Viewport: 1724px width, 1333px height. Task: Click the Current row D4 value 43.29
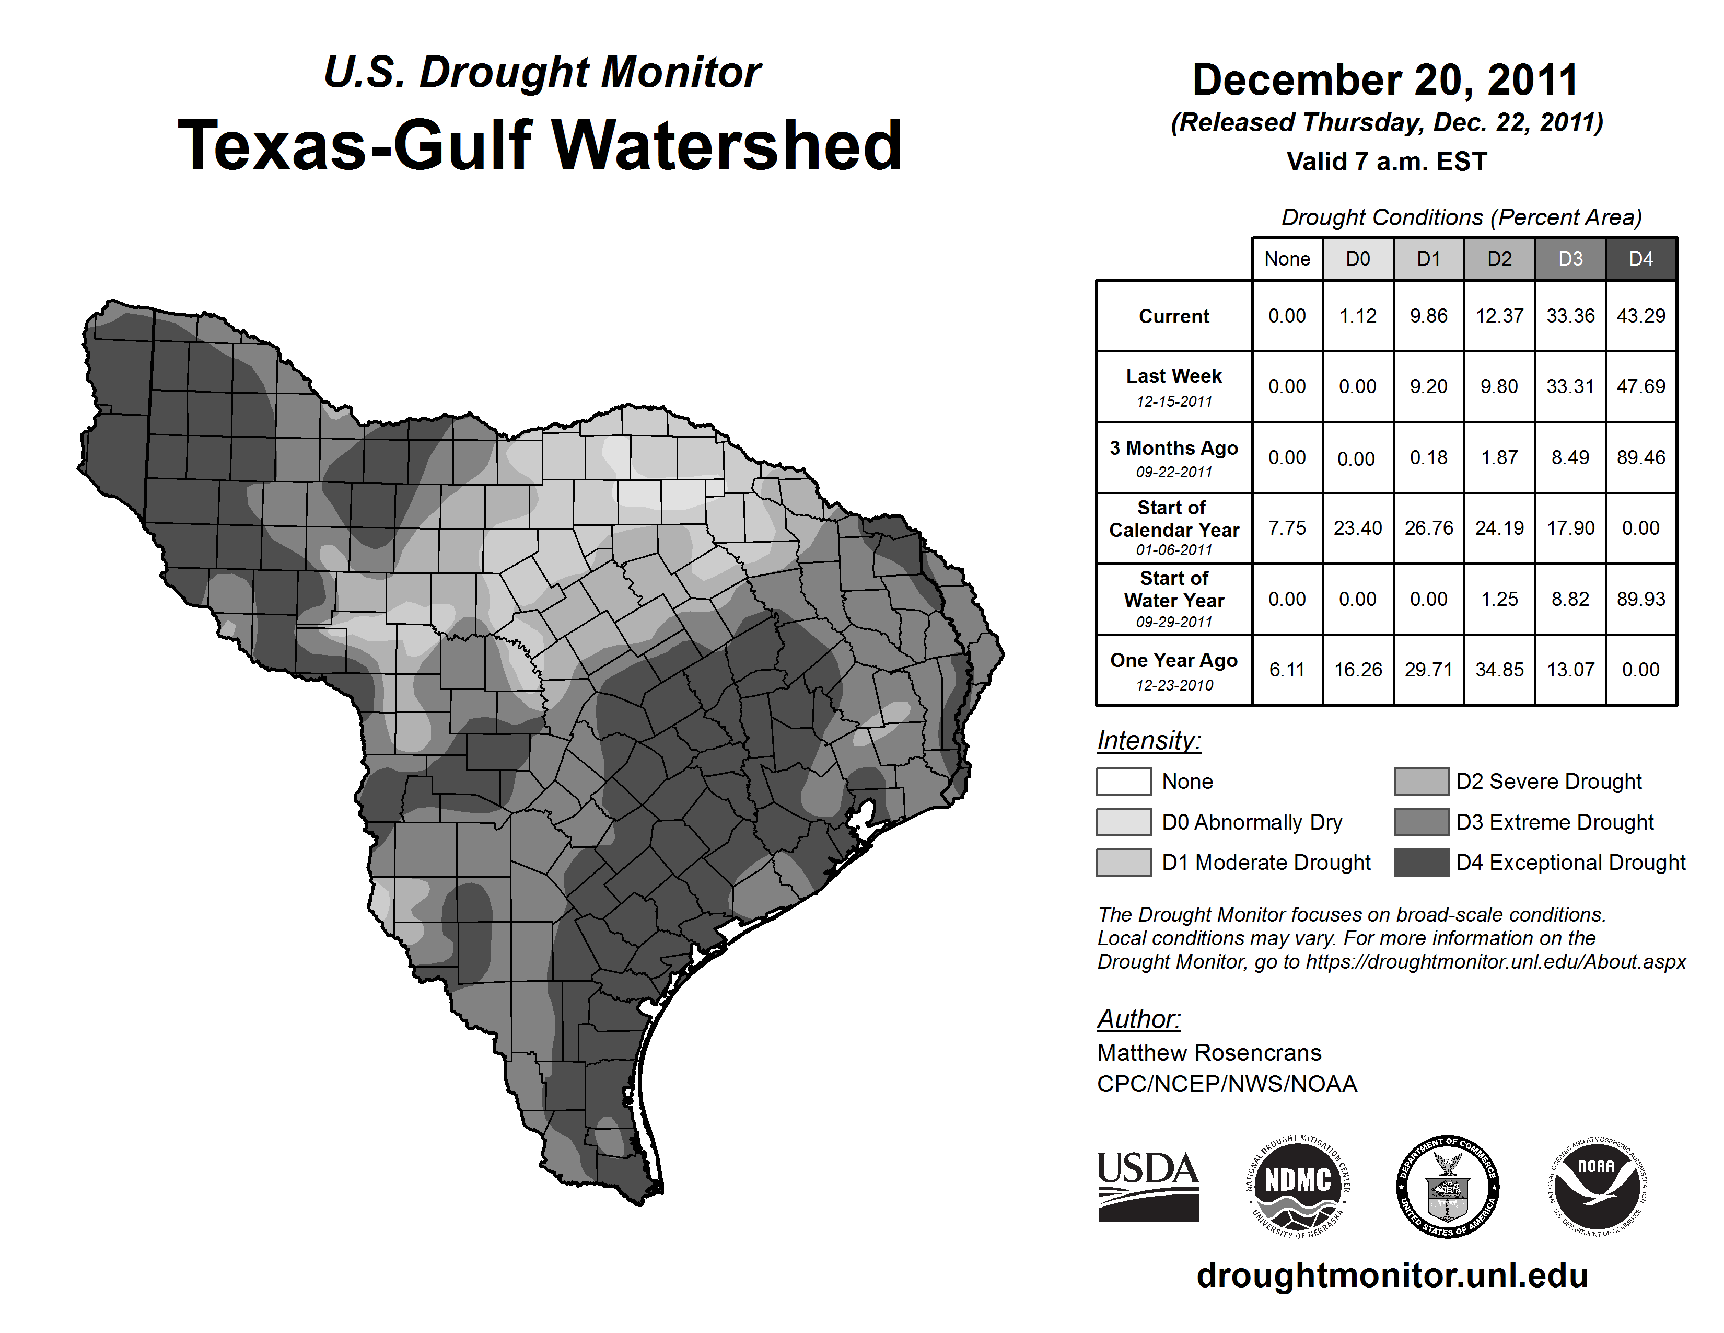[1640, 316]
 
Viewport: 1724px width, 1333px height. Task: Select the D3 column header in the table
[1570, 259]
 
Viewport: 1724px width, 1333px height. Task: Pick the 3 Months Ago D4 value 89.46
[1640, 457]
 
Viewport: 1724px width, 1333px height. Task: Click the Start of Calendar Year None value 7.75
[1287, 527]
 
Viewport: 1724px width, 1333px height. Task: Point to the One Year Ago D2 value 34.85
[1499, 670]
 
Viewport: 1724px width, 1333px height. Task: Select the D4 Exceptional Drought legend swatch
[1421, 863]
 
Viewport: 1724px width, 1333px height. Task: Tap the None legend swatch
[1123, 781]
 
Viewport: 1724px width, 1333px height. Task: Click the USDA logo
[1148, 1186]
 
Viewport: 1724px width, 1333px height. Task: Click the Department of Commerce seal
[1447, 1186]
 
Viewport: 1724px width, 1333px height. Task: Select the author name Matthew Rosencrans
[1208, 1053]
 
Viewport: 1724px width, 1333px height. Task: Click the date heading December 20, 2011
[1384, 81]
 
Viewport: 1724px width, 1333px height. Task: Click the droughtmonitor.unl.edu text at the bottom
[1392, 1275]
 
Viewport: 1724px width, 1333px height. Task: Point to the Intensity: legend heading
[1148, 741]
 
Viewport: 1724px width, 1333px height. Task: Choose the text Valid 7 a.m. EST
[1386, 162]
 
